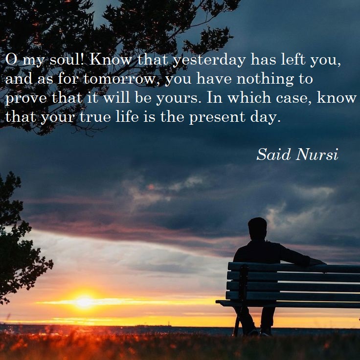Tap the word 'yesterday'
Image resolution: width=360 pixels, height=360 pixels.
[x=209, y=60]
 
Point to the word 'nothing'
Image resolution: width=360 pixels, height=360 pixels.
[x=265, y=79]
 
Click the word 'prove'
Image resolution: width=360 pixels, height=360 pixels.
[x=26, y=99]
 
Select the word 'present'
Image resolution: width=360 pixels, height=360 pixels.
[x=217, y=117]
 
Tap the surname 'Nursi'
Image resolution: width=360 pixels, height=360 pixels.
[x=317, y=154]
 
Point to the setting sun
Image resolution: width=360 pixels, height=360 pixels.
[x=84, y=301]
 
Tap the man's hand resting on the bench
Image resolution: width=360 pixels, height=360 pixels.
[x=318, y=262]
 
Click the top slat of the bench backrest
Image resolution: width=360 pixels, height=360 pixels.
[x=294, y=267]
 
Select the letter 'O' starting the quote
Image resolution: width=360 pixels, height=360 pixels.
[x=11, y=59]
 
